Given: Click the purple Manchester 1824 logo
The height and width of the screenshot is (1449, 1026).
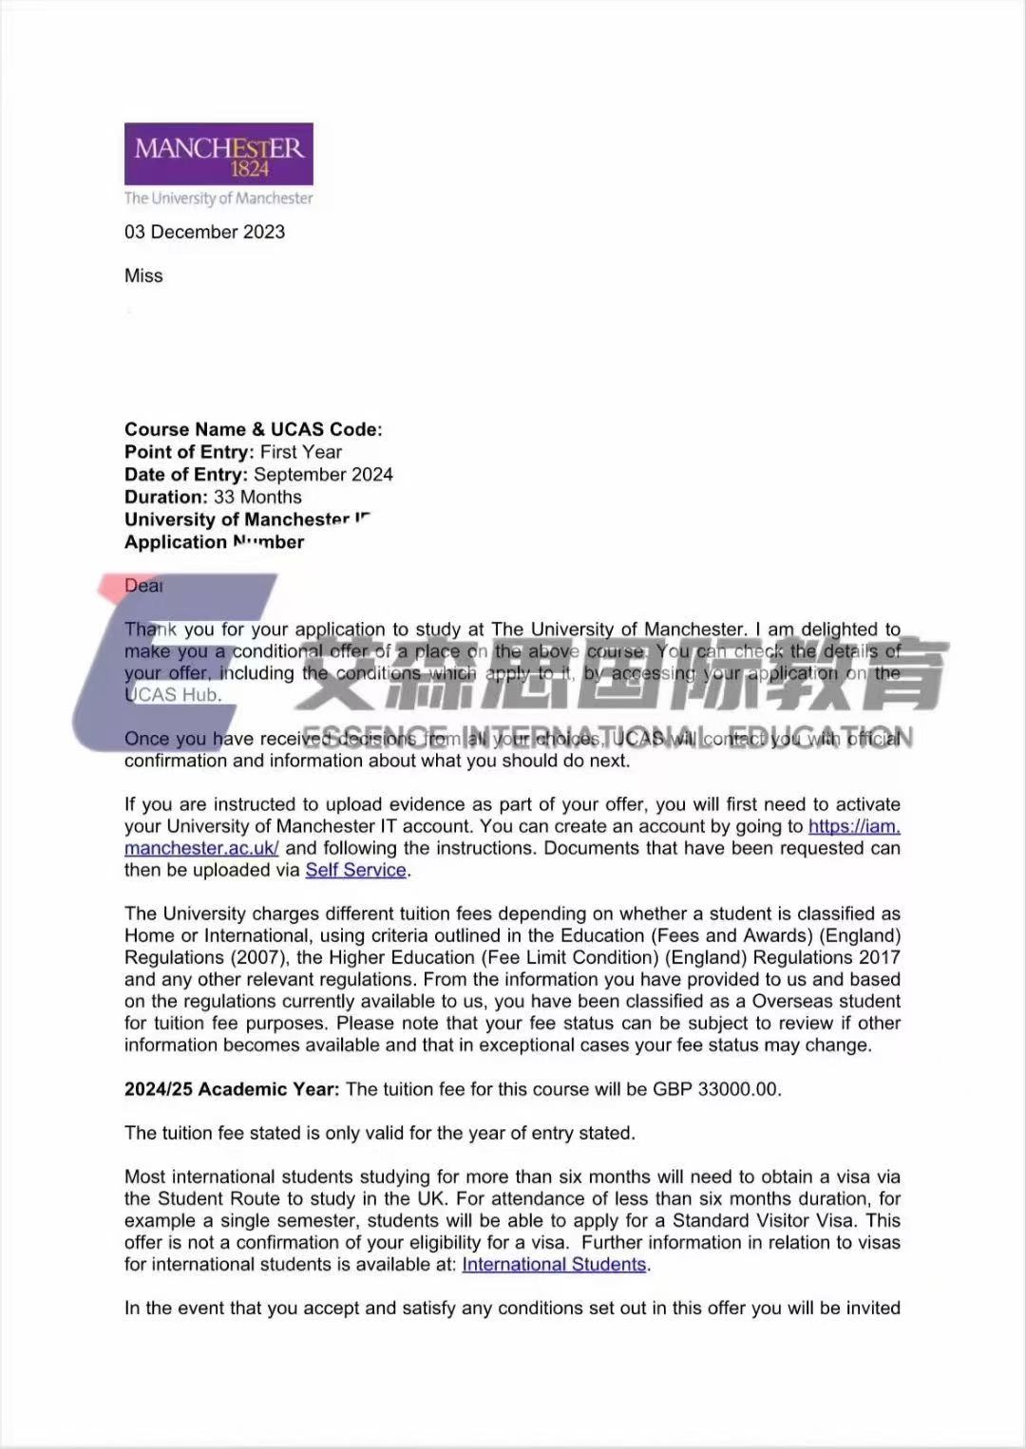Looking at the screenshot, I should click(218, 154).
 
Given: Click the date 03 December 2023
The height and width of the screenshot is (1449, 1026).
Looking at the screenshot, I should click(204, 232).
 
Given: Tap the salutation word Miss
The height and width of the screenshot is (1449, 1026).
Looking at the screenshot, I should click(143, 275).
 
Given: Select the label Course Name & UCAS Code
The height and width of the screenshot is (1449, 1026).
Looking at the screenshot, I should click(253, 429).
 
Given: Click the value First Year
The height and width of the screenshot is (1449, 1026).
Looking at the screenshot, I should click(300, 452).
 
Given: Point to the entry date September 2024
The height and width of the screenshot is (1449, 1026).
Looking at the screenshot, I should click(323, 475).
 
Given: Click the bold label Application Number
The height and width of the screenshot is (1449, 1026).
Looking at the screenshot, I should click(214, 542).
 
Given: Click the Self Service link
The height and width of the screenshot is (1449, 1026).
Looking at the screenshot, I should click(355, 870).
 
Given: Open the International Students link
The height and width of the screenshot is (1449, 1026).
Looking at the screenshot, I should click(554, 1264).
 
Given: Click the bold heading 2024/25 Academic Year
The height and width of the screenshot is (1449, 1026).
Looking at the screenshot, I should click(231, 1089).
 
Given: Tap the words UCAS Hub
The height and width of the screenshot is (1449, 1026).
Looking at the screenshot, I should click(172, 695).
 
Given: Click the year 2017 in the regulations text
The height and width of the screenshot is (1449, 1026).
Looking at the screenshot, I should click(879, 957).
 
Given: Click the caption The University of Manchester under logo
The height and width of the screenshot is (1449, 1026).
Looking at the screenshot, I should click(218, 198).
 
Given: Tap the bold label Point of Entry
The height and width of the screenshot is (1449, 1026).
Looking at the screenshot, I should click(188, 452).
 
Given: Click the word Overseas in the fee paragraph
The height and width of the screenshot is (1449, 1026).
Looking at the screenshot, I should click(790, 1001).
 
